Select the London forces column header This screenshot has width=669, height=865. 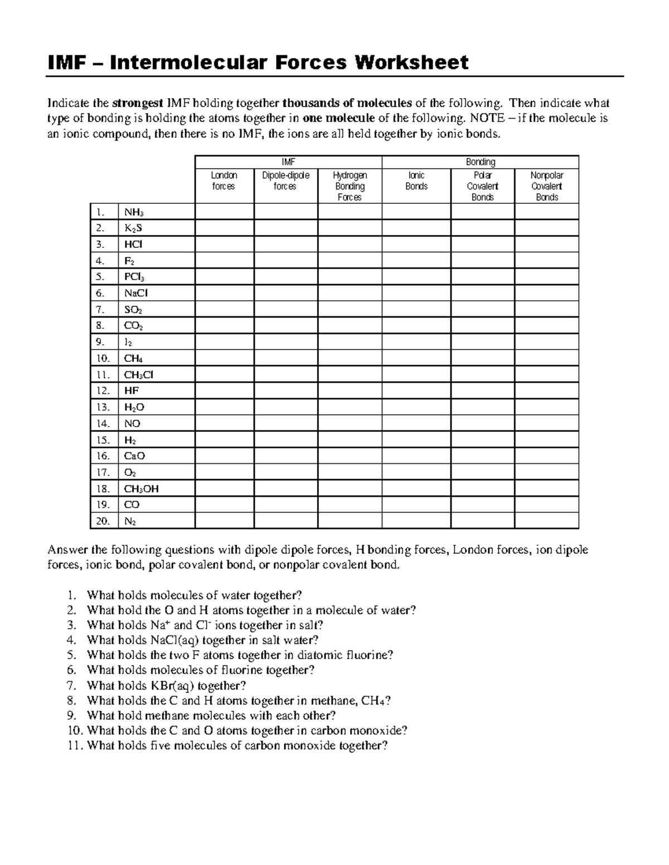(x=224, y=181)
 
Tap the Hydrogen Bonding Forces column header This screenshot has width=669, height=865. (x=350, y=186)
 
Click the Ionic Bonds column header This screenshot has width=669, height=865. (x=416, y=181)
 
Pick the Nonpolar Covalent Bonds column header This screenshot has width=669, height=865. (x=546, y=186)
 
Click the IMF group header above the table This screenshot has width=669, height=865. (x=288, y=162)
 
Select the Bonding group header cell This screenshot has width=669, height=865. (x=480, y=162)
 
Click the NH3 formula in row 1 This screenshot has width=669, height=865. (x=134, y=212)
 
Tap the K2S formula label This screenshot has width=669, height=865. (x=133, y=228)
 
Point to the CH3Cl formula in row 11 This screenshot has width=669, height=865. (x=138, y=375)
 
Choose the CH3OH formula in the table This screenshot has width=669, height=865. (x=141, y=489)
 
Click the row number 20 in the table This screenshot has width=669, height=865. (x=103, y=521)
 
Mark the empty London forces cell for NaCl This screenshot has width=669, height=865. (x=224, y=294)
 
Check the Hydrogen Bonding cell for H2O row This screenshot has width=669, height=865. (x=350, y=407)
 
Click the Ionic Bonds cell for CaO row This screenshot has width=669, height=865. (x=416, y=456)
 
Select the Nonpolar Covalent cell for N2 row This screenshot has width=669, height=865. (x=546, y=521)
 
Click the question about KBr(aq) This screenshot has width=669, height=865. (x=166, y=686)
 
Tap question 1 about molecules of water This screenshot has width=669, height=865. (x=194, y=595)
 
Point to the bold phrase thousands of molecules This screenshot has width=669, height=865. (x=347, y=103)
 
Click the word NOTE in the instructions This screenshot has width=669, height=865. (x=487, y=118)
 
